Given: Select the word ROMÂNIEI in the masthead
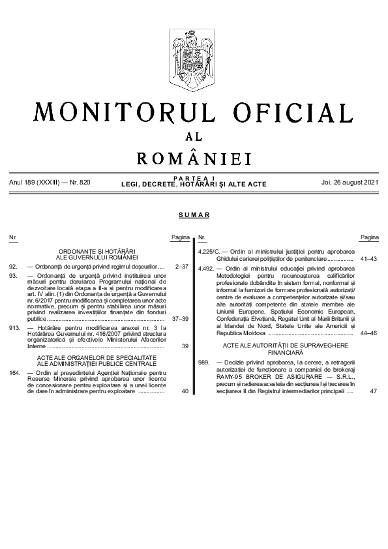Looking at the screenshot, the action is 194,158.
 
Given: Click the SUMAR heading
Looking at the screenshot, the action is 194,215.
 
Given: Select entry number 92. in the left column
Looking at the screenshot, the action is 13,267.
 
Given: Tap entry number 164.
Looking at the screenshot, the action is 15,372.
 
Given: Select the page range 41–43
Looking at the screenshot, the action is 368,259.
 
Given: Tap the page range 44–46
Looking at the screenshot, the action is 368,333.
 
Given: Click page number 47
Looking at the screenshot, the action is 373,392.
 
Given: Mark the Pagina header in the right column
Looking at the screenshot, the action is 369,237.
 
